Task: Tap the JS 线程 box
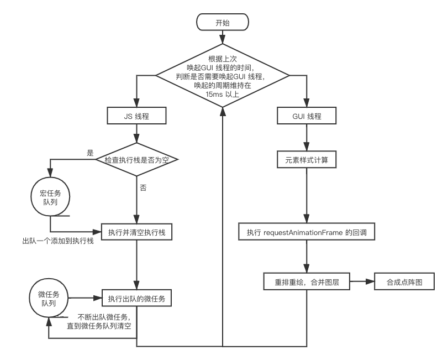click(136, 117)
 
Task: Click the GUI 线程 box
click(307, 117)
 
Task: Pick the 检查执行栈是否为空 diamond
click(136, 160)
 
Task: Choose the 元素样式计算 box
click(307, 160)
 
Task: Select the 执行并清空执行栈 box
click(136, 232)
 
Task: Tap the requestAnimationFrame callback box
click(307, 233)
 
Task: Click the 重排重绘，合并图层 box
click(307, 282)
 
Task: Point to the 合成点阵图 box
click(404, 282)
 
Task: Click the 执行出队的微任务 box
click(136, 299)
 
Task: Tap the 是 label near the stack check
click(91, 152)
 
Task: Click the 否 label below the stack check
click(143, 189)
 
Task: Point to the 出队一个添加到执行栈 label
click(58, 242)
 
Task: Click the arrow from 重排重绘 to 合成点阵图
click(362, 282)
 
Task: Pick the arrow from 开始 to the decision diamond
click(223, 37)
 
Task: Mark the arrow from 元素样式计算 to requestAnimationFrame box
click(307, 196)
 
